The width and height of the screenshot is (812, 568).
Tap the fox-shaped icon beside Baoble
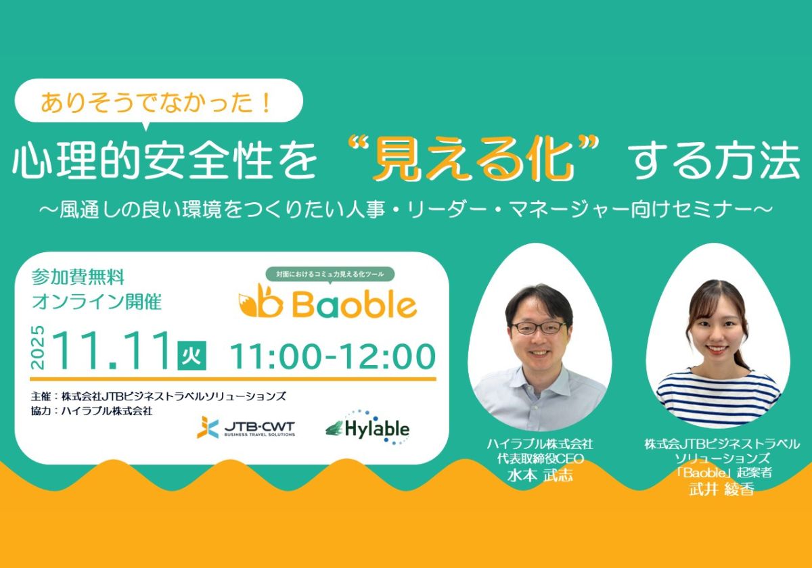tap(261, 302)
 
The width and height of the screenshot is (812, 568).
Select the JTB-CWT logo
tap(246, 427)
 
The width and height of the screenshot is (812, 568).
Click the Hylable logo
tap(367, 427)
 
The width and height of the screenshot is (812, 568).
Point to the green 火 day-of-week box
tap(191, 356)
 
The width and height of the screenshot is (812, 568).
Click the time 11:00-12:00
tap(332, 356)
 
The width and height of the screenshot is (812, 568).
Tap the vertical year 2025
tap(38, 348)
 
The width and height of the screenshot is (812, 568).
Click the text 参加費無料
tap(78, 278)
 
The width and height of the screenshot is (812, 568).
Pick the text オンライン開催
tap(96, 302)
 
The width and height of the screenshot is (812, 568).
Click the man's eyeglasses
tap(539, 328)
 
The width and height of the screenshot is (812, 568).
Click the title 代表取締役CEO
tap(541, 459)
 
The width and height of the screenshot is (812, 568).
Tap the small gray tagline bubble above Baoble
tap(330, 275)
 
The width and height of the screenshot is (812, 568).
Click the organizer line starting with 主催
tap(158, 397)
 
